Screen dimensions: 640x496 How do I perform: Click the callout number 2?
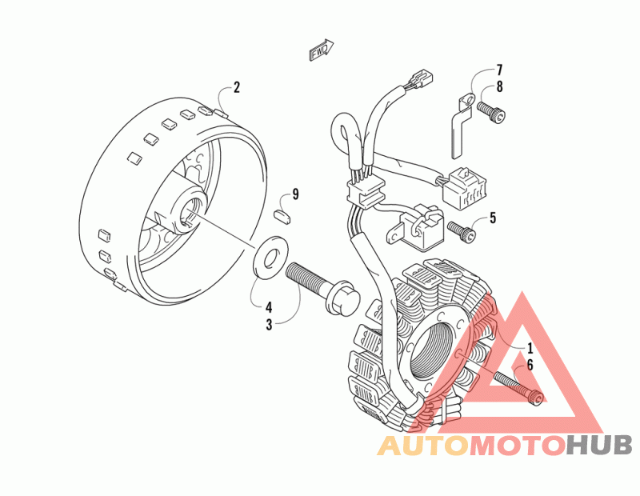point(237,87)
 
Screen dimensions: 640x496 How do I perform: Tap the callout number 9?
point(295,194)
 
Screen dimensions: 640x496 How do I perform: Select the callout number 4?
point(270,306)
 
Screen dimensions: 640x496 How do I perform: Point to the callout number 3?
point(270,324)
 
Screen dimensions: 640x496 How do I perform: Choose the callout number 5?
point(493,217)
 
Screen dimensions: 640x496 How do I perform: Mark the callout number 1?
point(529,348)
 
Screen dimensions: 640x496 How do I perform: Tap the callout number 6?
point(529,366)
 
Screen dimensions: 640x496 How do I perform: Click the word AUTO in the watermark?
point(422,445)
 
